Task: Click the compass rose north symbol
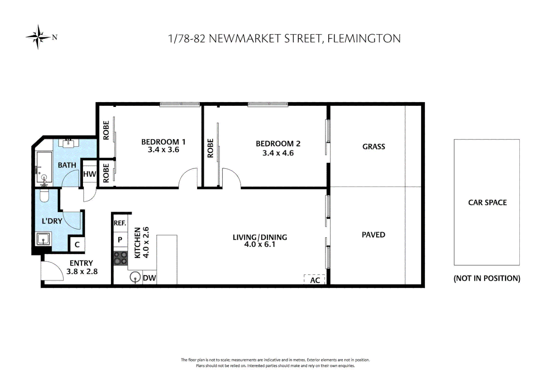click(39, 37)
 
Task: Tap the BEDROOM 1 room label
click(163, 142)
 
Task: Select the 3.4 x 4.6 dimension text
click(278, 153)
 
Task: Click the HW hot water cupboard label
click(89, 174)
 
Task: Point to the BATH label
click(67, 165)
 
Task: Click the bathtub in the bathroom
click(44, 167)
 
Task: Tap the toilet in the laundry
click(44, 195)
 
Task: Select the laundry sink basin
click(44, 239)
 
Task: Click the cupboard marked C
click(77, 244)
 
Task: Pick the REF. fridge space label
click(120, 223)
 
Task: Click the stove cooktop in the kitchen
click(120, 258)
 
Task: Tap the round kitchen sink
click(135, 278)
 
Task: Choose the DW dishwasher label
click(149, 278)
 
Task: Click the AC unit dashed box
click(314, 280)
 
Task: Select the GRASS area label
click(374, 147)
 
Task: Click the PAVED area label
click(373, 235)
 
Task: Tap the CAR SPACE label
click(487, 203)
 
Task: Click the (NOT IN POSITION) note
click(487, 278)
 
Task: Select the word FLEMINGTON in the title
click(364, 39)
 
